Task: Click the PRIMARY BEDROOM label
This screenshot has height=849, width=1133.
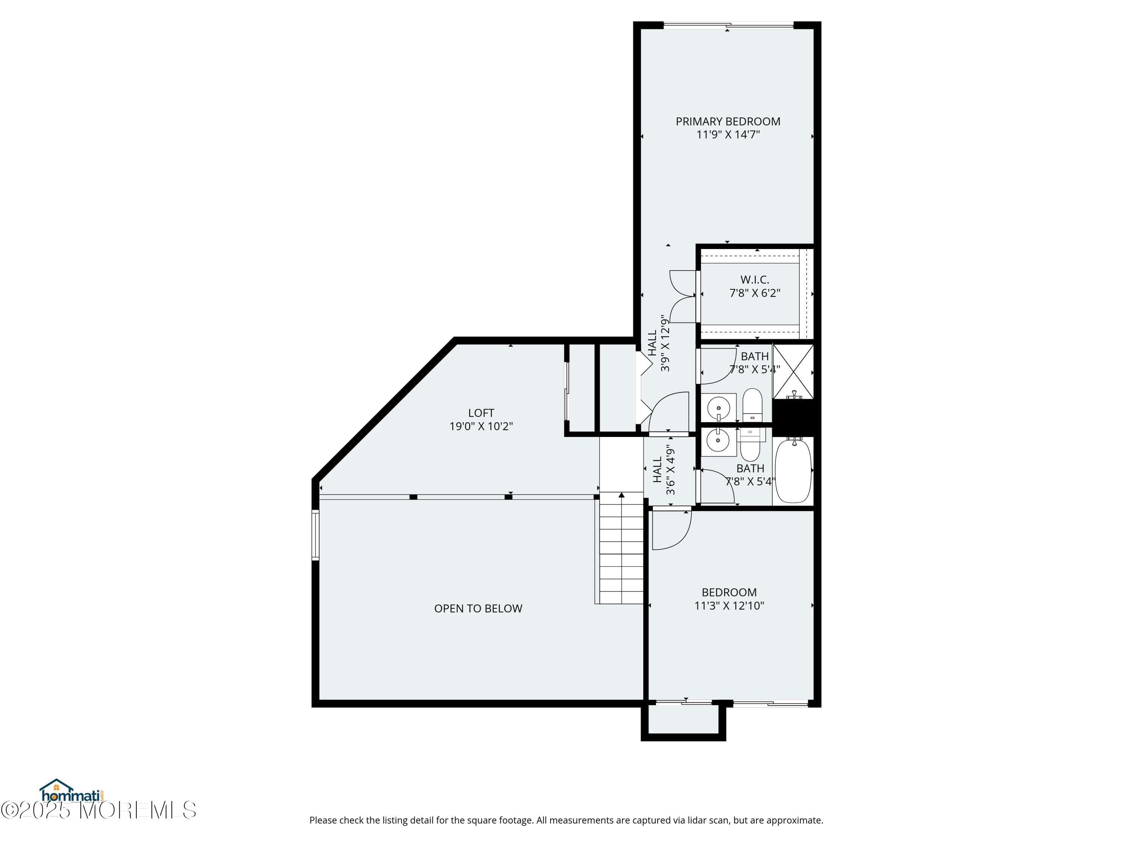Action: point(727,121)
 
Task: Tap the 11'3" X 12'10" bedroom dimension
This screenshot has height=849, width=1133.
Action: point(729,605)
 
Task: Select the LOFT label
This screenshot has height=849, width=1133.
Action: point(481,412)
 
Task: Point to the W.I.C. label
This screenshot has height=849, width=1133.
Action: point(755,280)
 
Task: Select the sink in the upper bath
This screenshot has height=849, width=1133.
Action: point(718,408)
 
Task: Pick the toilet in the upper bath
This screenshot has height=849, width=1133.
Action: point(752,405)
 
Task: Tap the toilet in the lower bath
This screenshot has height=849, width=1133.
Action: point(750,446)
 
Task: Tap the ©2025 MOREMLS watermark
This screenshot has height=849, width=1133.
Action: point(98,810)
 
